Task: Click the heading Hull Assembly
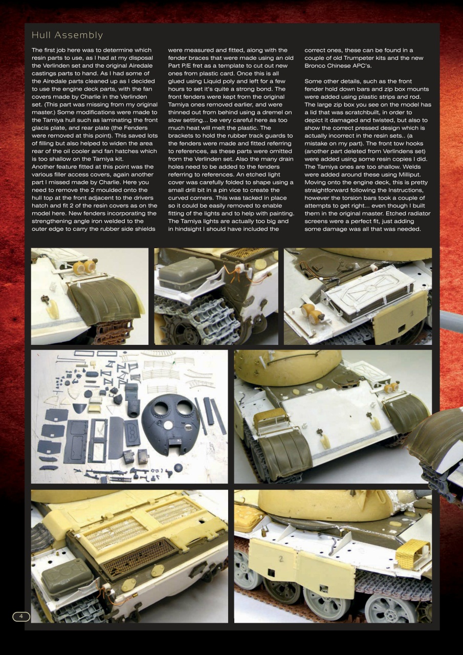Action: pos(67,35)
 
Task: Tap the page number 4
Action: pos(21,616)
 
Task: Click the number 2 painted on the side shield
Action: pos(281,559)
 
